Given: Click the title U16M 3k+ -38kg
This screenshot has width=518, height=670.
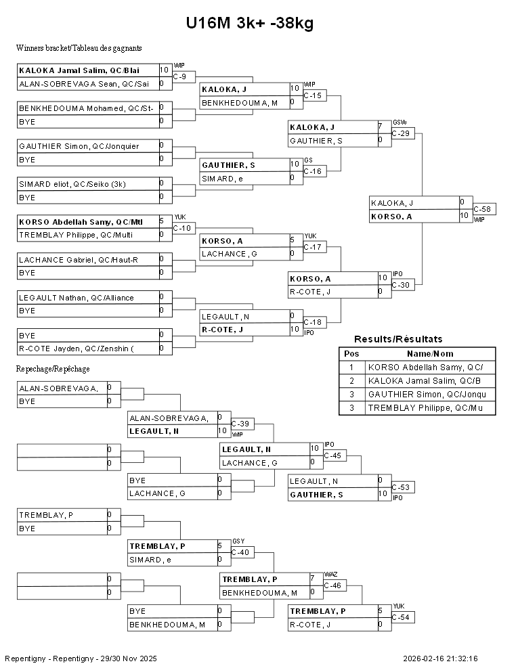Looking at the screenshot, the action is pyautogui.click(x=250, y=23).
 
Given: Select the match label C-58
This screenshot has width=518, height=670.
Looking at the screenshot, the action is pyautogui.click(x=482, y=209).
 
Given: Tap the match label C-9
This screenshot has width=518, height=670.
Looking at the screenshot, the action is pyautogui.click(x=179, y=77).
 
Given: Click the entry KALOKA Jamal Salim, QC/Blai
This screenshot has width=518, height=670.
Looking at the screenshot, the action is pyautogui.click(x=79, y=70).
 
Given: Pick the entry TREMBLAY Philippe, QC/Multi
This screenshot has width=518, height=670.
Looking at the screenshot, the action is pyautogui.click(x=76, y=235).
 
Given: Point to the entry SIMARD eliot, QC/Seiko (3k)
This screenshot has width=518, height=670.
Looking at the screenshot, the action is pyautogui.click(x=72, y=184).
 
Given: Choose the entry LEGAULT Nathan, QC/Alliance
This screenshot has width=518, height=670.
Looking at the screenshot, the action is pyautogui.click(x=76, y=298).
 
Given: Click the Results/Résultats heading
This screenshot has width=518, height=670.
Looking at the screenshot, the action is pyautogui.click(x=398, y=339).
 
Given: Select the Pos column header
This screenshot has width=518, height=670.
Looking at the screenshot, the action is pyautogui.click(x=351, y=354).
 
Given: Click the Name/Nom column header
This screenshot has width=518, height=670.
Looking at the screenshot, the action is pyautogui.click(x=430, y=354).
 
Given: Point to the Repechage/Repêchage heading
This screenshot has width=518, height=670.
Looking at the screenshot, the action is pyautogui.click(x=53, y=369).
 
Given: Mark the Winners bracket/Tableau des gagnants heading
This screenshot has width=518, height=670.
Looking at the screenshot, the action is pyautogui.click(x=79, y=48).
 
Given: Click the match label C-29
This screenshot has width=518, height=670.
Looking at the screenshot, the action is pyautogui.click(x=400, y=134).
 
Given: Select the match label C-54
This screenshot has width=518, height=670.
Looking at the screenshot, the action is pyautogui.click(x=400, y=617).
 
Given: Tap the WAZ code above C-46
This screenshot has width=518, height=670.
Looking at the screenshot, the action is pyautogui.click(x=331, y=575).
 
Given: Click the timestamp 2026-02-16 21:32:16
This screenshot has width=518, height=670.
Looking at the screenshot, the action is pyautogui.click(x=440, y=659).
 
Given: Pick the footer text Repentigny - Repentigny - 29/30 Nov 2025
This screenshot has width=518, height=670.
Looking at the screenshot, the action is pyautogui.click(x=81, y=659).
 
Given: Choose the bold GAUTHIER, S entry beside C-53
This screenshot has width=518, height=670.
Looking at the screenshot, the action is pyautogui.click(x=316, y=495).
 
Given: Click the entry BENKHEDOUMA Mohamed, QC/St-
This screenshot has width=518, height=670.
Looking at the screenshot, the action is pyautogui.click(x=86, y=108).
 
